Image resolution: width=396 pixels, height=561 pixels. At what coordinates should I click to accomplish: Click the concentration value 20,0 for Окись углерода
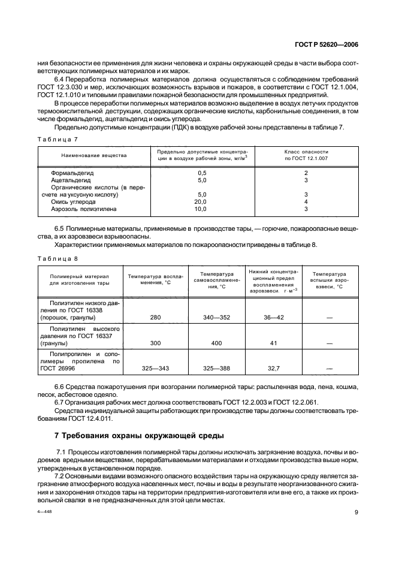[x=201, y=202]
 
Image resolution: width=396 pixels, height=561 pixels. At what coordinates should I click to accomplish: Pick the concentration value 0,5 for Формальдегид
[x=201, y=173]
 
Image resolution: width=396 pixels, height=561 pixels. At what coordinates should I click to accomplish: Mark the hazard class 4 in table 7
[x=306, y=202]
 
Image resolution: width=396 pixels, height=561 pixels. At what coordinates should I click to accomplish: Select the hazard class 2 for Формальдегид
[x=306, y=173]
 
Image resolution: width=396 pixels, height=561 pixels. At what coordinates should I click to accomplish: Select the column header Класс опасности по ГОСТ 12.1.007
[x=306, y=155]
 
